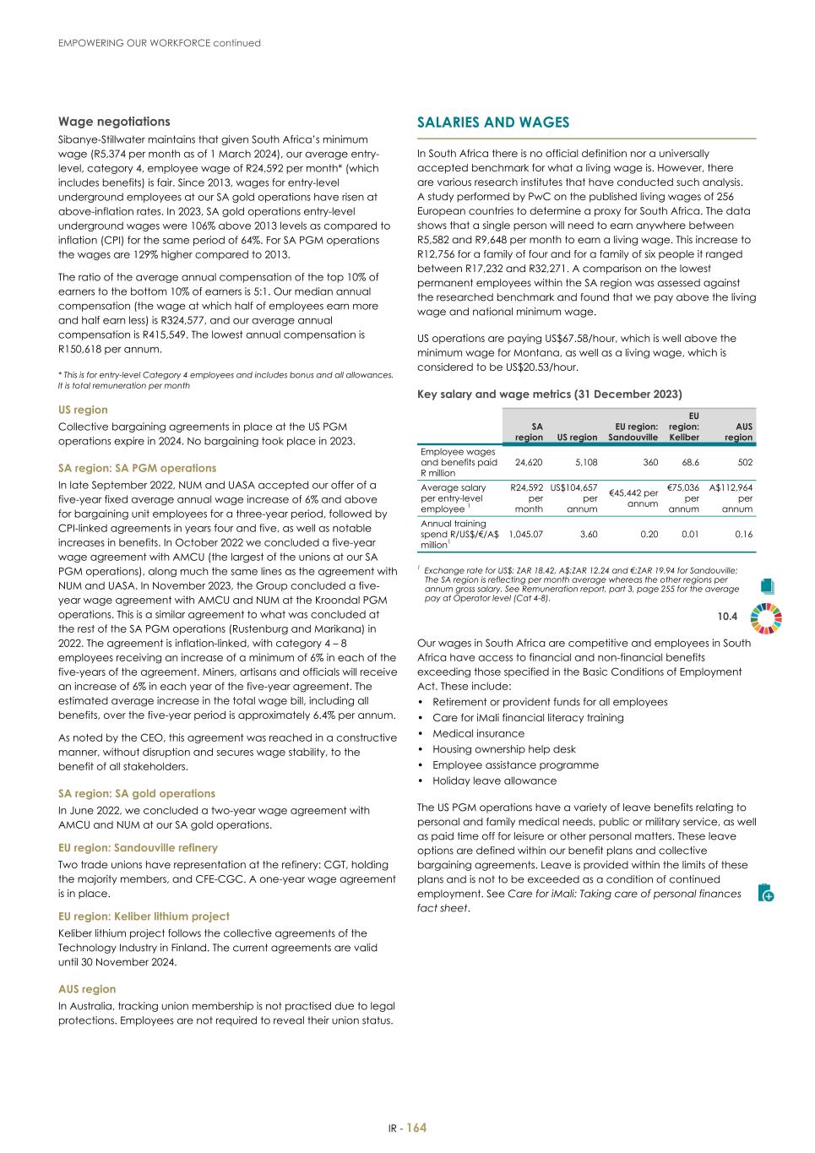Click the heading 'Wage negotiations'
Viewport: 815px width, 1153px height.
(x=114, y=122)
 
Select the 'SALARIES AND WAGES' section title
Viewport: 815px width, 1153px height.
(x=493, y=122)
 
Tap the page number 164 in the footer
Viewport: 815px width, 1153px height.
(x=416, y=1128)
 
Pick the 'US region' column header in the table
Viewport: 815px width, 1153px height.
(x=577, y=437)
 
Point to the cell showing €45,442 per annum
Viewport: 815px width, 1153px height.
(x=633, y=498)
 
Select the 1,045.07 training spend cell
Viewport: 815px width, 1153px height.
(x=526, y=534)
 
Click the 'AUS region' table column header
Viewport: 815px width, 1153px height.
(x=738, y=432)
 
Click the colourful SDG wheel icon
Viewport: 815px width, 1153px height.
(x=766, y=617)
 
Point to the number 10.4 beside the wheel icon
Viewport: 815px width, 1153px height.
(x=727, y=617)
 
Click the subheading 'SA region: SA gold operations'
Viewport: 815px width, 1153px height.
(x=137, y=793)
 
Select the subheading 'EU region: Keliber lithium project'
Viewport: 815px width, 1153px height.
(x=144, y=916)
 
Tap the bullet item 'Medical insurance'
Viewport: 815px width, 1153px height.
(x=478, y=733)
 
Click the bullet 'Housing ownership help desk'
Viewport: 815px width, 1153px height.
(x=503, y=749)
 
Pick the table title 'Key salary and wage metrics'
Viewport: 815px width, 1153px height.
(x=549, y=394)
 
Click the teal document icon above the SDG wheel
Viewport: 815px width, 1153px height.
(x=767, y=585)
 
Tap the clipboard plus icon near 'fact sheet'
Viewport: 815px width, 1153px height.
(x=766, y=892)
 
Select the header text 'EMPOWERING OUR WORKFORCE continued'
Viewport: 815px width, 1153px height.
(x=160, y=42)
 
